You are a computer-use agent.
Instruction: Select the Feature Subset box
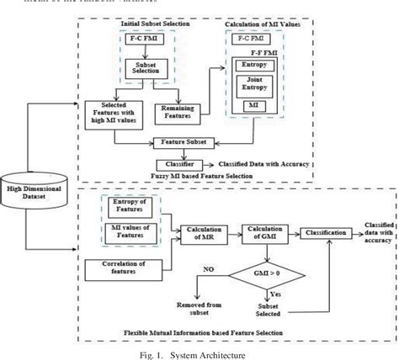[189, 142]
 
